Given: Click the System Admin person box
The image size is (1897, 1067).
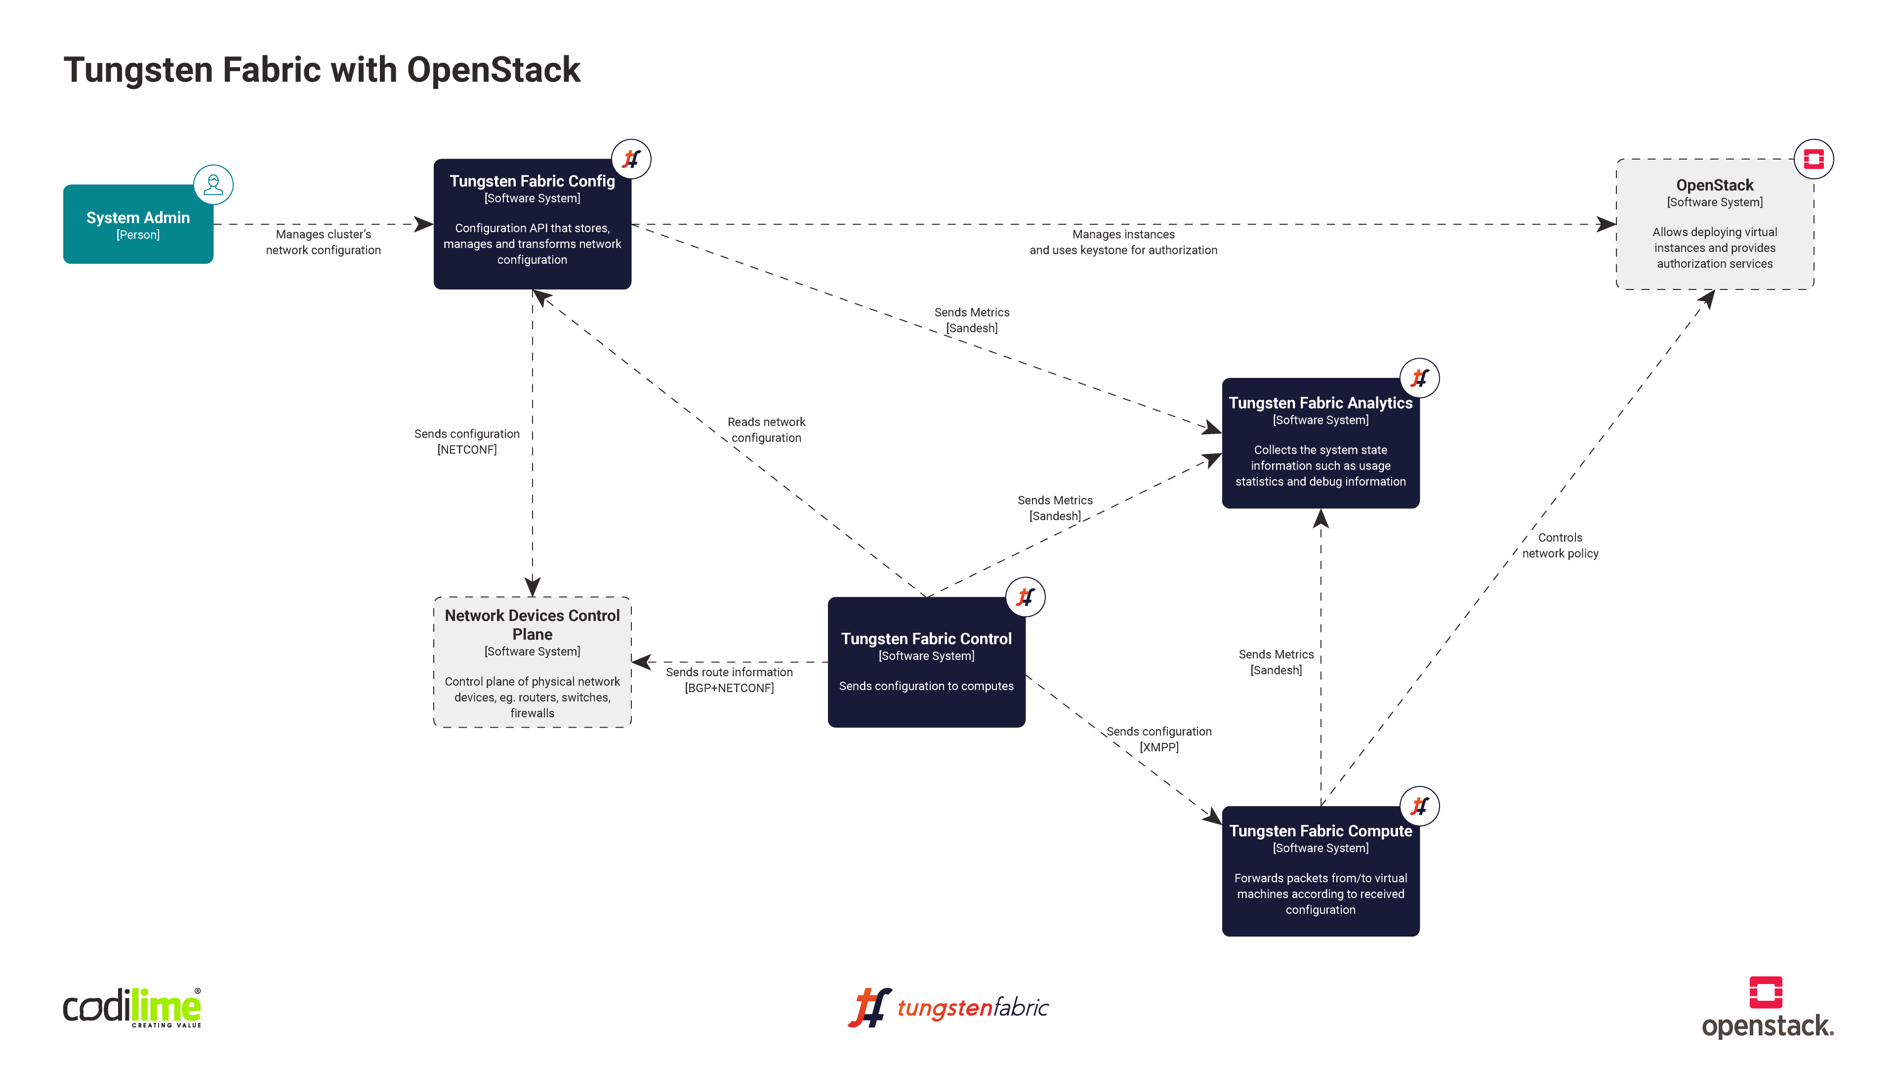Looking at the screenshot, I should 138,225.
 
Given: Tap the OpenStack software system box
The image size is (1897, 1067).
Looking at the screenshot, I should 1714,225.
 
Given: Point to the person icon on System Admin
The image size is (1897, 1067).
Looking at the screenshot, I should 213,184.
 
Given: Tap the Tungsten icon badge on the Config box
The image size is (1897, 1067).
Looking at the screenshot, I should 631,159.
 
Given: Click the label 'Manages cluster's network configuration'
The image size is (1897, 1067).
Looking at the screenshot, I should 323,242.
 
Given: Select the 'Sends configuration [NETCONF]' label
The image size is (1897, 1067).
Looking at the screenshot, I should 467,442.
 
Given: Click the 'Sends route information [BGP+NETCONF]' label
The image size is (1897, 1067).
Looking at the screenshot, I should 729,680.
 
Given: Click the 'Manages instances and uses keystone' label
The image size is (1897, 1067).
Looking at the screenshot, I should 1123,242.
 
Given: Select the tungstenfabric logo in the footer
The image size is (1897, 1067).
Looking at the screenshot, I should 948,1007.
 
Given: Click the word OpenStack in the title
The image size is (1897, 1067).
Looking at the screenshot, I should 494,70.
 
